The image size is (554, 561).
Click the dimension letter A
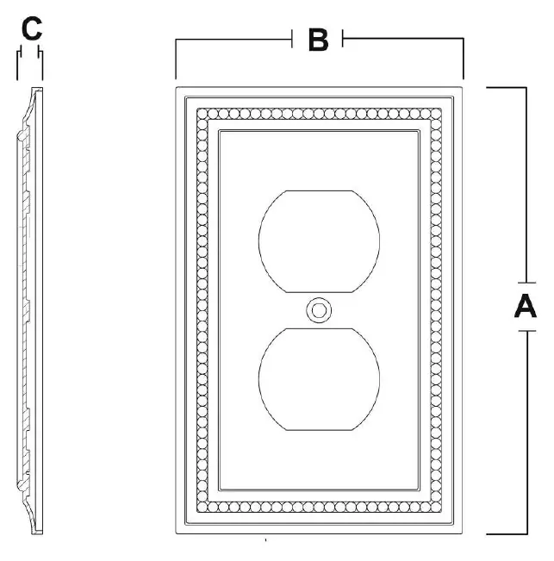tap(526, 306)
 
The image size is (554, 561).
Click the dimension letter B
tap(318, 40)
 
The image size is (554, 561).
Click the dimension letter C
tap(32, 28)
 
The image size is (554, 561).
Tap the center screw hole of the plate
tap(319, 310)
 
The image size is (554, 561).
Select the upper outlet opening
tap(319, 241)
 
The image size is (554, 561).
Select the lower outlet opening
tap(319, 379)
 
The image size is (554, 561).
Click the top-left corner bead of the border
tap(202, 114)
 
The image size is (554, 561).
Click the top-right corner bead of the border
tap(436, 114)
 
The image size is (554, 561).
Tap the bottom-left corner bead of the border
tap(202, 507)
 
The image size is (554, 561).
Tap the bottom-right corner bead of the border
tap(436, 507)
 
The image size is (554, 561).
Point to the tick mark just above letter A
tap(526, 283)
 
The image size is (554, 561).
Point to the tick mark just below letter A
tap(526, 331)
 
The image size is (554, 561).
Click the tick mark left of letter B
tap(292, 39)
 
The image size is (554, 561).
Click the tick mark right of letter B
tap(343, 38)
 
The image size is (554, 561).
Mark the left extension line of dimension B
tap(176, 59)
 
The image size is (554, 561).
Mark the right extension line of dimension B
tap(464, 59)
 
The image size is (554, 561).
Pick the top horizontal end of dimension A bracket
tap(506, 87)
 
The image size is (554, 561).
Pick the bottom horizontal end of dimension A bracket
tap(507, 534)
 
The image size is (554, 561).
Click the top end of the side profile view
tap(37, 89)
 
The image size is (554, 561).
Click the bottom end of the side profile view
tap(37, 533)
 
